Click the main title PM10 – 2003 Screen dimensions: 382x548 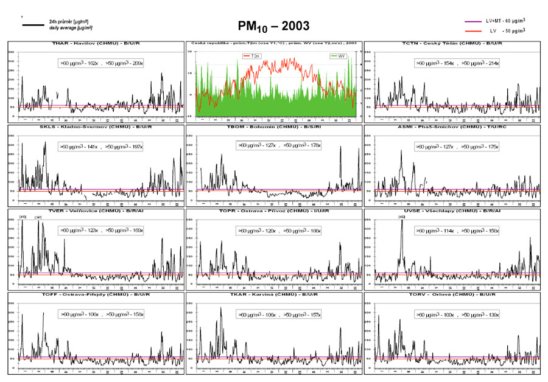(273, 26)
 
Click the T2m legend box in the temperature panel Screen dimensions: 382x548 (253, 56)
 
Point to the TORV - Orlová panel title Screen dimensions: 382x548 (452, 295)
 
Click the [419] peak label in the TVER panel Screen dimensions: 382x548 (23, 217)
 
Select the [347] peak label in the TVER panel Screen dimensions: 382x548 (38, 217)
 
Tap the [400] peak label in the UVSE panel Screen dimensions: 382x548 (401, 217)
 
